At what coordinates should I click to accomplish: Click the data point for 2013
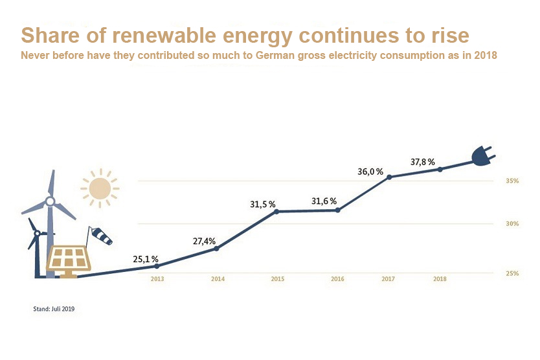point(157,266)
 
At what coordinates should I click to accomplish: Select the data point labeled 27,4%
point(216,249)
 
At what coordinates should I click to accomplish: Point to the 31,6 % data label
point(324,201)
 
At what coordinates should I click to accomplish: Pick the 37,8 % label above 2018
point(422,162)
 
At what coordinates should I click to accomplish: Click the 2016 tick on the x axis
point(337,279)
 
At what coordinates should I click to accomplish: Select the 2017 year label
point(388,279)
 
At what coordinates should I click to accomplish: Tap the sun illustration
point(100,188)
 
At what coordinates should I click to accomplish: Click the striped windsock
point(101,236)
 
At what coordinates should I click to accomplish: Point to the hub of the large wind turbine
point(50,201)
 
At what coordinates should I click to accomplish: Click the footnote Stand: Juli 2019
point(54,309)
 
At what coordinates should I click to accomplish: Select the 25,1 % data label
point(146,259)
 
